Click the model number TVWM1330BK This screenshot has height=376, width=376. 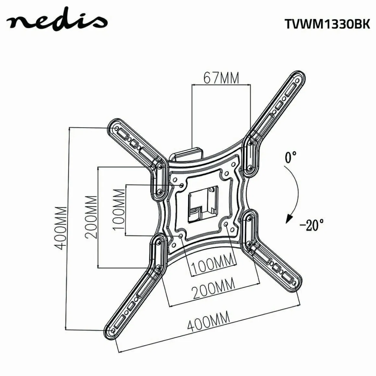tap(327, 24)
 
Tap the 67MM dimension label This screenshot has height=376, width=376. tap(221, 77)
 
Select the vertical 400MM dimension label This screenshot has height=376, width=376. tap(60, 228)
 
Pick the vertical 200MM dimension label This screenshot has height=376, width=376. tap(91, 217)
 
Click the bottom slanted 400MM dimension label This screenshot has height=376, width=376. tap(208, 321)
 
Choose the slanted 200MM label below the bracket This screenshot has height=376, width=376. tap(214, 288)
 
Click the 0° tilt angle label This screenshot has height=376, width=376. tap(290, 157)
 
